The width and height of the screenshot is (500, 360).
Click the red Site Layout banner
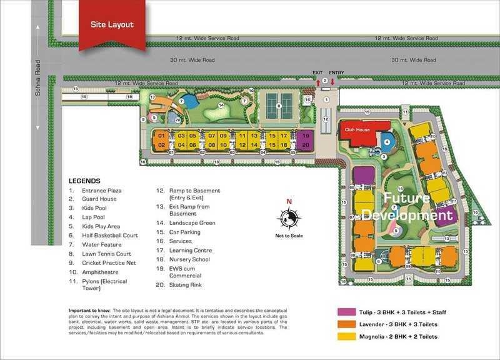pos(111,25)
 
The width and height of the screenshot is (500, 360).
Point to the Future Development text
pos(406,207)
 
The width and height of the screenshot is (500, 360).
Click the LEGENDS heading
pos(84,181)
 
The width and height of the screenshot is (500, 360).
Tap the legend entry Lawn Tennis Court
pos(107,254)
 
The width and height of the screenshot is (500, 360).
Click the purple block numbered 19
pos(306,136)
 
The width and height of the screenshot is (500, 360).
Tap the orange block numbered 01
pos(161,136)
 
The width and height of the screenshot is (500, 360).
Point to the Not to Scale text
pos(289,236)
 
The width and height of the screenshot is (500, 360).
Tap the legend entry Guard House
pos(99,199)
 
